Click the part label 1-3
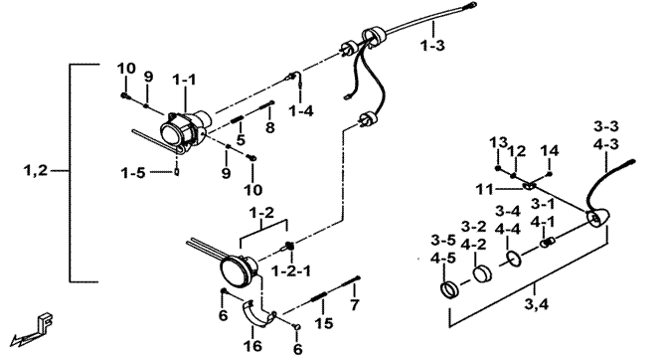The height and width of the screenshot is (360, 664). coord(432,46)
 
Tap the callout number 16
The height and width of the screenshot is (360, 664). coord(252,346)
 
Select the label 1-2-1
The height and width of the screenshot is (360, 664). coord(291,270)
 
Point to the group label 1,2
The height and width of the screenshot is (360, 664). coord(36,171)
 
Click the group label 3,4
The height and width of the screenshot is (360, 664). coord(536,303)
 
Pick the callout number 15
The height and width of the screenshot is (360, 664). coord(323,323)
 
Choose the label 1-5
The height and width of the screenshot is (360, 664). coord(132,173)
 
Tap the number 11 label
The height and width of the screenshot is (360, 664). coord(484,189)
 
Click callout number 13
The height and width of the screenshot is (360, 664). coord(498,142)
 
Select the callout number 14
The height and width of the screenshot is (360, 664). coord(550,150)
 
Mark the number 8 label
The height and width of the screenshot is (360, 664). coord(270,127)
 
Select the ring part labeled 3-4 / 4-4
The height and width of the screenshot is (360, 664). coord(514,259)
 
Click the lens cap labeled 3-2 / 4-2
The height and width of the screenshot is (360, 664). coord(482,273)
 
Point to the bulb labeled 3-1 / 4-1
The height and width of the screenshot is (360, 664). coord(548,243)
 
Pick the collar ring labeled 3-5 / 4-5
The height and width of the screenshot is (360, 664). coord(449,289)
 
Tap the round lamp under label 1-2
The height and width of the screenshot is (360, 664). coord(239,270)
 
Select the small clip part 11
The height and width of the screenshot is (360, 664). coord(530,186)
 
